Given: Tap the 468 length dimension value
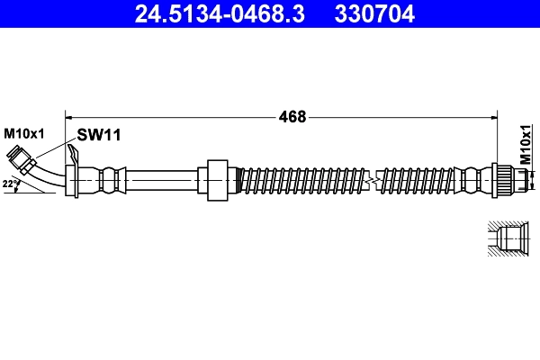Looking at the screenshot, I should coord(292,116).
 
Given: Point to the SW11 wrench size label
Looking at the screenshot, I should coord(99,135).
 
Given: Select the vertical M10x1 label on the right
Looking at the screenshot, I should coord(526,143).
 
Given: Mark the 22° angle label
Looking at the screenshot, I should coord(10,184).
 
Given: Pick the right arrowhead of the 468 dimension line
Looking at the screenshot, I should coord(496,115).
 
